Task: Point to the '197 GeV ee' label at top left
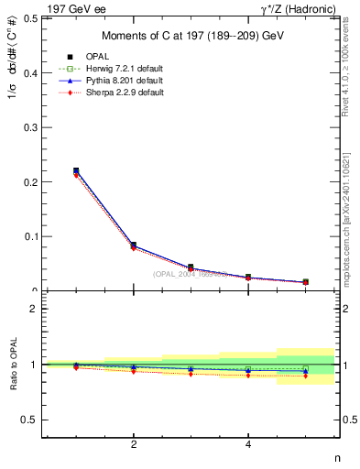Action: tap(71, 8)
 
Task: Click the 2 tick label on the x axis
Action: tap(134, 445)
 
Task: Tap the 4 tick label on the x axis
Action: tap(249, 445)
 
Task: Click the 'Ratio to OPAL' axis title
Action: tap(12, 365)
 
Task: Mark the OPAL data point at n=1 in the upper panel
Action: tap(76, 170)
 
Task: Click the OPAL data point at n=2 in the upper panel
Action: tap(134, 245)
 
